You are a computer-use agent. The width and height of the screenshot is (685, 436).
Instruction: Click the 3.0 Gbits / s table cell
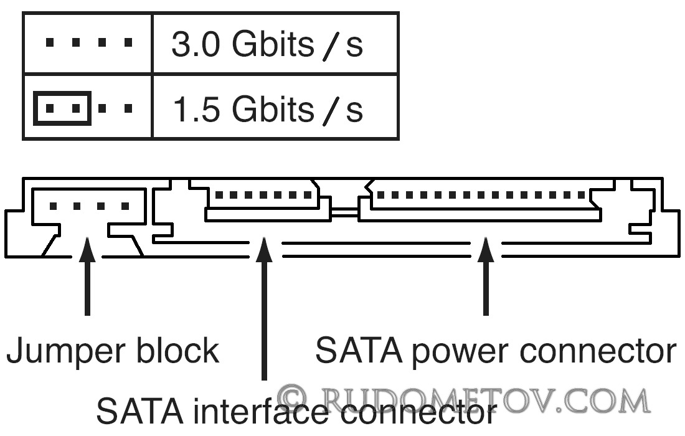click(275, 43)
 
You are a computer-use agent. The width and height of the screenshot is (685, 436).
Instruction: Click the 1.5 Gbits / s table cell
click(275, 108)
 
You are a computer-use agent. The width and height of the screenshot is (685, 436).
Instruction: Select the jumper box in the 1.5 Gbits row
click(62, 108)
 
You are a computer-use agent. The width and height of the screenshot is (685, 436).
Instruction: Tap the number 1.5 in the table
click(196, 109)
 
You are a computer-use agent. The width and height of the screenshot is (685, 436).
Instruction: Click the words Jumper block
click(113, 351)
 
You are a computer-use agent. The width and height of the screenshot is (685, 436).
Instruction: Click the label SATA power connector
click(496, 351)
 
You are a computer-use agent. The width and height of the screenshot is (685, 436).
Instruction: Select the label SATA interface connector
click(296, 410)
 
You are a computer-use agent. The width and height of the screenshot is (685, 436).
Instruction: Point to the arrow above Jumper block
click(88, 276)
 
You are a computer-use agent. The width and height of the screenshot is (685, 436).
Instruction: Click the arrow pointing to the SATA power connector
click(486, 276)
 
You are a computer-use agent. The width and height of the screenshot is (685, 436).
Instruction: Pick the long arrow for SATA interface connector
click(264, 308)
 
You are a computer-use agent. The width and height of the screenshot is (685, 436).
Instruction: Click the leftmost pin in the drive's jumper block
click(54, 206)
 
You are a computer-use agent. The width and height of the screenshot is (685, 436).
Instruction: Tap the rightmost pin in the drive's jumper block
click(126, 206)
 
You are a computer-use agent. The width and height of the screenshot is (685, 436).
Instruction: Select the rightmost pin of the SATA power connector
click(582, 195)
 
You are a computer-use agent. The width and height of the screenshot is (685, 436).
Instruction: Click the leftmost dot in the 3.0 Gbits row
click(50, 42)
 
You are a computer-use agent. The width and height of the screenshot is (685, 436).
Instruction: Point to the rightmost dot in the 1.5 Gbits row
click(128, 108)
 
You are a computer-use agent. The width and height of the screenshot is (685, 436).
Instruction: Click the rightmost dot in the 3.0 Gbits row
click(128, 42)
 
